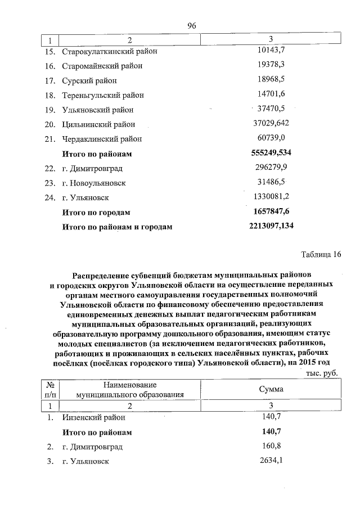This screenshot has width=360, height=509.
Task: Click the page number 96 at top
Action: point(191,26)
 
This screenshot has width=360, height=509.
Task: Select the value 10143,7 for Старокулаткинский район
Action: point(271,51)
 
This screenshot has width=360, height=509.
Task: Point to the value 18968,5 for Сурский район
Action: point(271,80)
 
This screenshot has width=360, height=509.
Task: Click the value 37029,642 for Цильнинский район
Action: point(271,124)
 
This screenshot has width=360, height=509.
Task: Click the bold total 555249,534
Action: point(271,153)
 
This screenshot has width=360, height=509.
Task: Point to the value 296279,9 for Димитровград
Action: point(271,168)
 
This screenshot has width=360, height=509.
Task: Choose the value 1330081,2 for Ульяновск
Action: point(271,197)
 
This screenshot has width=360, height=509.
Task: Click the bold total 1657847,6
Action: point(271,211)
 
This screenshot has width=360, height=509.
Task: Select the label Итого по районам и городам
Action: point(117,227)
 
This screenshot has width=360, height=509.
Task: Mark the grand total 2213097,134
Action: point(271,226)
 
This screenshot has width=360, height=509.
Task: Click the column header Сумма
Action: point(271,389)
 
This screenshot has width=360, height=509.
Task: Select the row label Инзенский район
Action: point(94,418)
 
